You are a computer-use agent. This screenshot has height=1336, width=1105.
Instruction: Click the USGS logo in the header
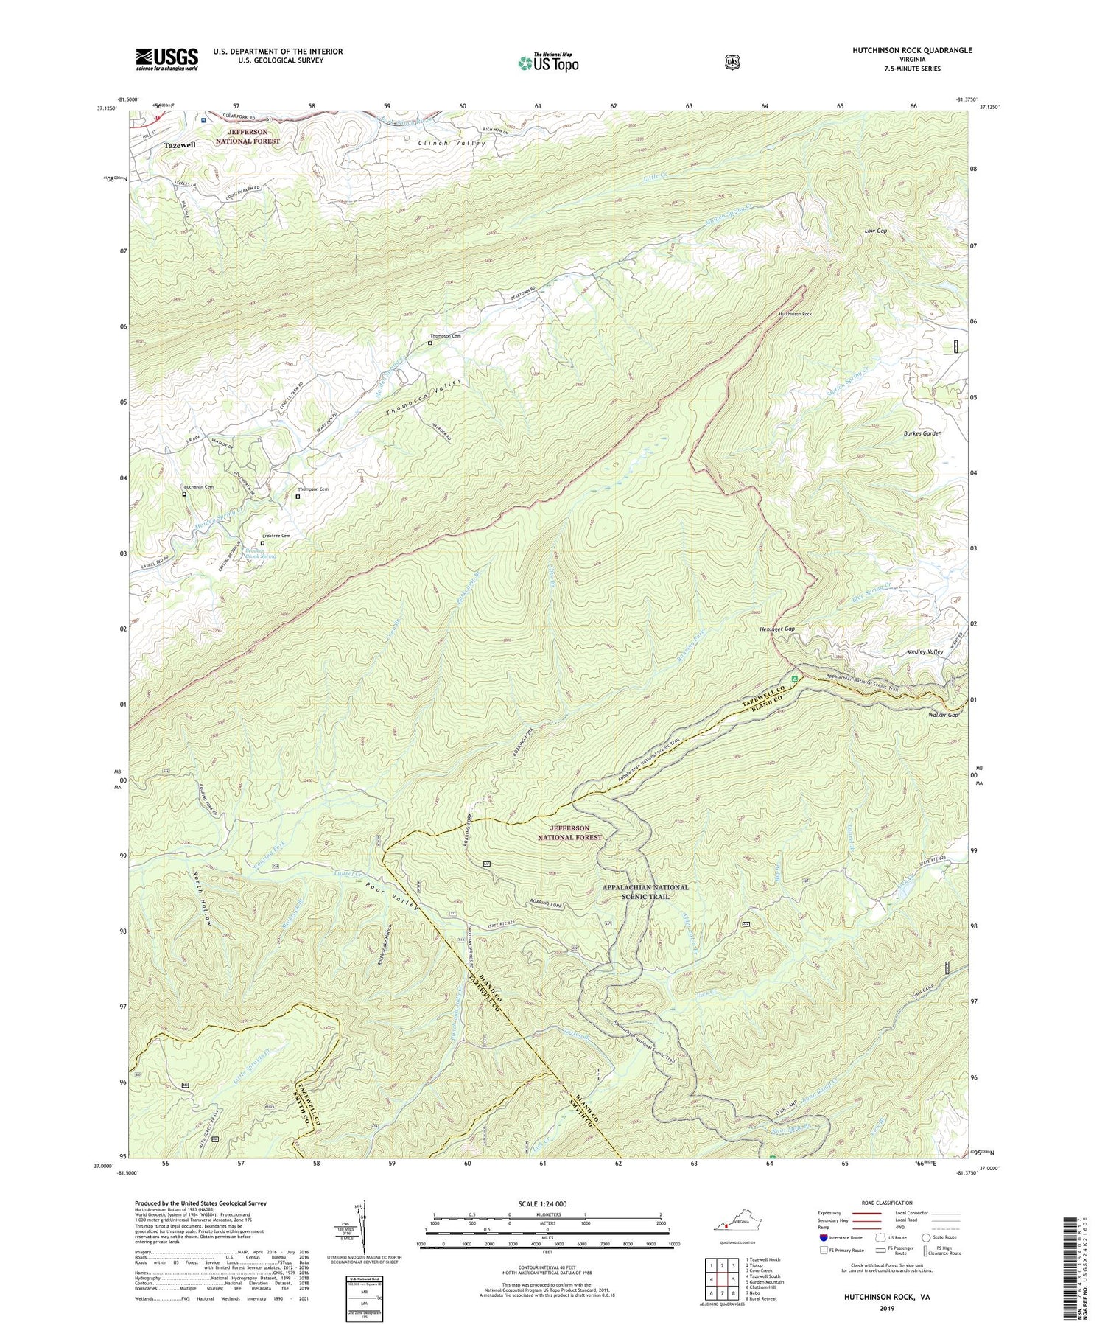tap(166, 59)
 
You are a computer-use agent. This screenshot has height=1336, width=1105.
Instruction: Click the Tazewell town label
tap(180, 145)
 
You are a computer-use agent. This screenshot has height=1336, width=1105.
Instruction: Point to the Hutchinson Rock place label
tap(795, 314)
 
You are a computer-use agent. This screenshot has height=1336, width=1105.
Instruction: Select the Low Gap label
tap(875, 231)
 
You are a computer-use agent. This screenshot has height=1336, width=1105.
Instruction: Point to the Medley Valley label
tap(925, 651)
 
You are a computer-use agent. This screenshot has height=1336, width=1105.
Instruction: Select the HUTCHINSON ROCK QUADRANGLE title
tap(912, 50)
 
